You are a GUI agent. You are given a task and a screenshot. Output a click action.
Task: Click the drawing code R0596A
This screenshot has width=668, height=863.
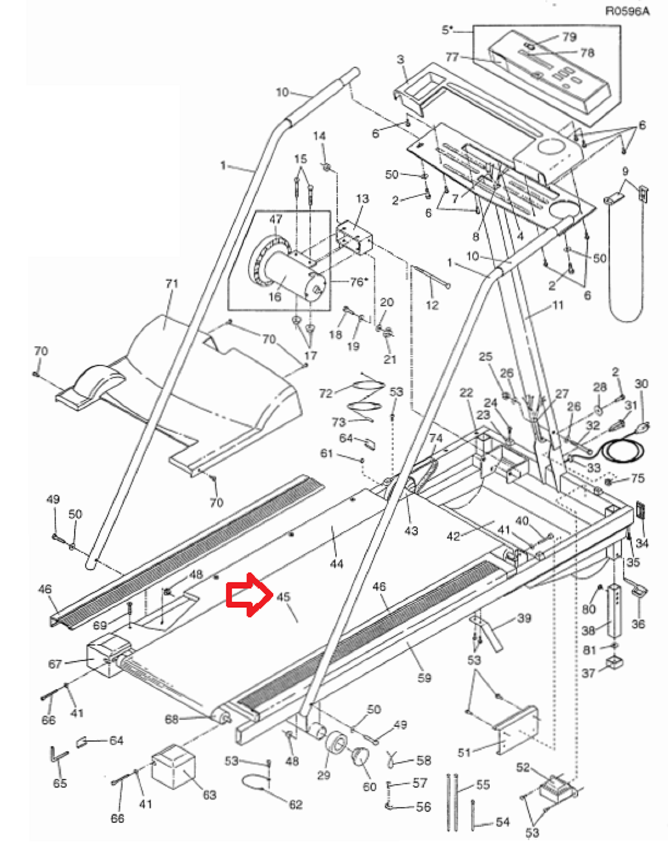[x=628, y=11]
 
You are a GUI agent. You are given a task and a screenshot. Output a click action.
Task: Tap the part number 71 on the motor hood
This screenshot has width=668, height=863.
[x=171, y=284]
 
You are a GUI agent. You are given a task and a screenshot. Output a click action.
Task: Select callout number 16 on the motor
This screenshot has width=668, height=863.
[x=275, y=297]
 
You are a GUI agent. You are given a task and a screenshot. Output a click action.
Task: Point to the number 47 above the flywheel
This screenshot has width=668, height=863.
[x=276, y=219]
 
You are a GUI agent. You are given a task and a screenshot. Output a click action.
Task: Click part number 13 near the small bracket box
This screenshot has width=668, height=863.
[x=362, y=198]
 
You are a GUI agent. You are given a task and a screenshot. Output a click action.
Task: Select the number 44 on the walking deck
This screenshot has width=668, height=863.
[x=337, y=564]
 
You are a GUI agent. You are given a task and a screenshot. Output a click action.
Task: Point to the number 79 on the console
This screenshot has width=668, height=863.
[x=570, y=37]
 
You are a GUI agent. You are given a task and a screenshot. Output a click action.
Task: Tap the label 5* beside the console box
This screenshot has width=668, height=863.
[x=447, y=30]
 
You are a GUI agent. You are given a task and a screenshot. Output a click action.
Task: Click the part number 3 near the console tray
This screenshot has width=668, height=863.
[x=400, y=60]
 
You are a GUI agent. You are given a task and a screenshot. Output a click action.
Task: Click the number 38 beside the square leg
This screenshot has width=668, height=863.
[x=589, y=630]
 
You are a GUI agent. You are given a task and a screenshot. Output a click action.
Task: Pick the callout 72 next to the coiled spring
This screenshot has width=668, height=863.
[x=326, y=393]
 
